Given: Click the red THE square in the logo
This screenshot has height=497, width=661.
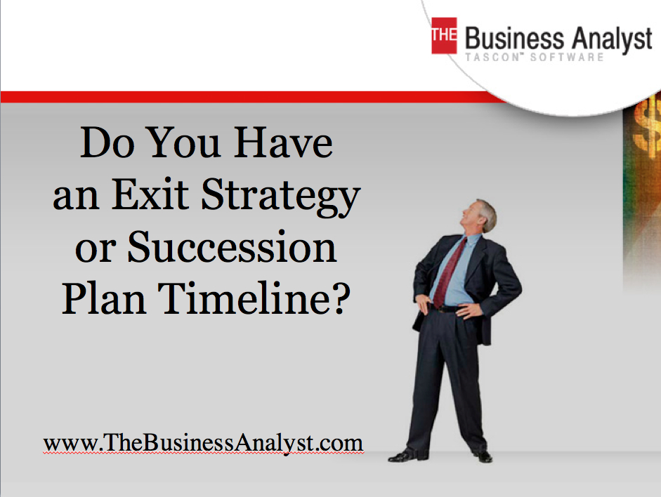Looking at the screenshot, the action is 444,35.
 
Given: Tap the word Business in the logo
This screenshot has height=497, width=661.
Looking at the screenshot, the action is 514,39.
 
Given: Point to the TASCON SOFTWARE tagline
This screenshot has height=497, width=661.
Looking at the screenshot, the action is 535,58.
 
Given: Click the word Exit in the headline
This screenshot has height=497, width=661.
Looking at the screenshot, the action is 150,194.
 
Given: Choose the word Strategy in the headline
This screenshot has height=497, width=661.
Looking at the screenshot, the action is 281,197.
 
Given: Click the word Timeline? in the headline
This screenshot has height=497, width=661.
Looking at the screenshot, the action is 254,298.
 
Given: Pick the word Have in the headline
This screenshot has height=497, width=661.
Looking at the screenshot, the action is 283,143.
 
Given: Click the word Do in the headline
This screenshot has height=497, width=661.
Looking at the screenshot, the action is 107,143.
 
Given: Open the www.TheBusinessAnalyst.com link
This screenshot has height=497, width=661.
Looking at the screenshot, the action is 203,443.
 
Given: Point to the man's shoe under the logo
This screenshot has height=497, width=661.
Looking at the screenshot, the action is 483,456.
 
